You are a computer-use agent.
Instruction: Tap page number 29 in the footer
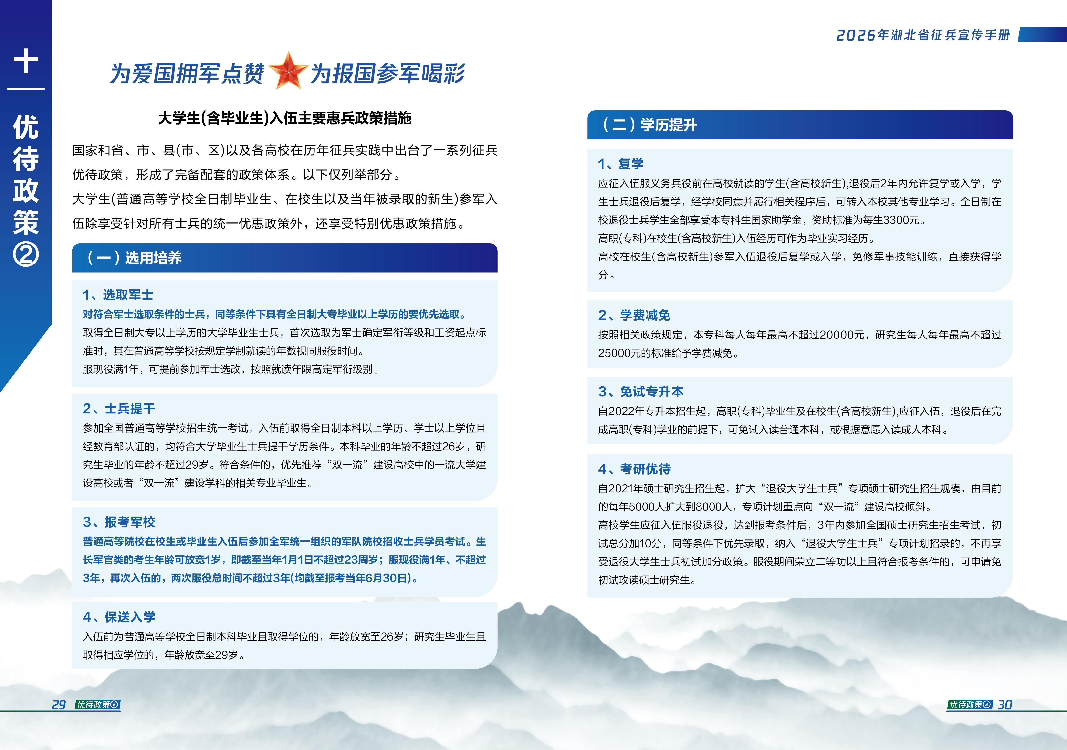59,705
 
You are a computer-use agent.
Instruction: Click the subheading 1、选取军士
118,295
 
